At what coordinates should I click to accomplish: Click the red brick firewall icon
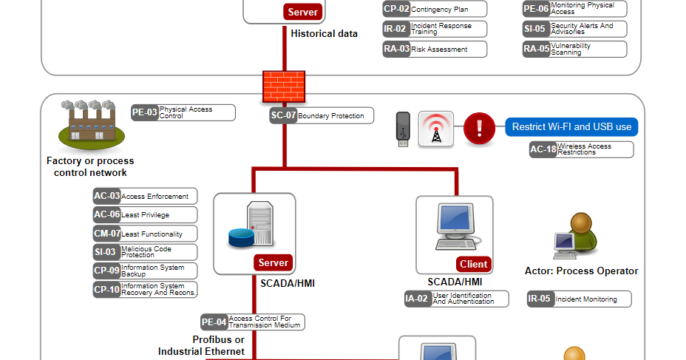[284, 87]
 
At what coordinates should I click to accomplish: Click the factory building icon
[92, 123]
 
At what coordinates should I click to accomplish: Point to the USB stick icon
[402, 129]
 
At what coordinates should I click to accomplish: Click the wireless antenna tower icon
[436, 129]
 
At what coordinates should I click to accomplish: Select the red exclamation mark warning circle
[480, 129]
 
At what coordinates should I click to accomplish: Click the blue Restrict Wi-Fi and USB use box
[571, 126]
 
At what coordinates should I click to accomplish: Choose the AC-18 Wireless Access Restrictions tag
[581, 149]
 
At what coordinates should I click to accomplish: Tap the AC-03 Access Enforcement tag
[145, 196]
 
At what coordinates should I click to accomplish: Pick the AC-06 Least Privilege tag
[145, 215]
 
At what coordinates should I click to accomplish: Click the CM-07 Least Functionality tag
[145, 234]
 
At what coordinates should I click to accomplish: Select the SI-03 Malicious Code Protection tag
[145, 252]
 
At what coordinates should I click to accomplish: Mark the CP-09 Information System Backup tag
[145, 271]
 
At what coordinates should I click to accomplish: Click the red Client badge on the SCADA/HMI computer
[473, 264]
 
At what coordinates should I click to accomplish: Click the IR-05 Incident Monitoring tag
[579, 299]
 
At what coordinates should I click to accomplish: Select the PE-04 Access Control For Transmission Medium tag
[253, 322]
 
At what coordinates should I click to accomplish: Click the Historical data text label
[324, 34]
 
